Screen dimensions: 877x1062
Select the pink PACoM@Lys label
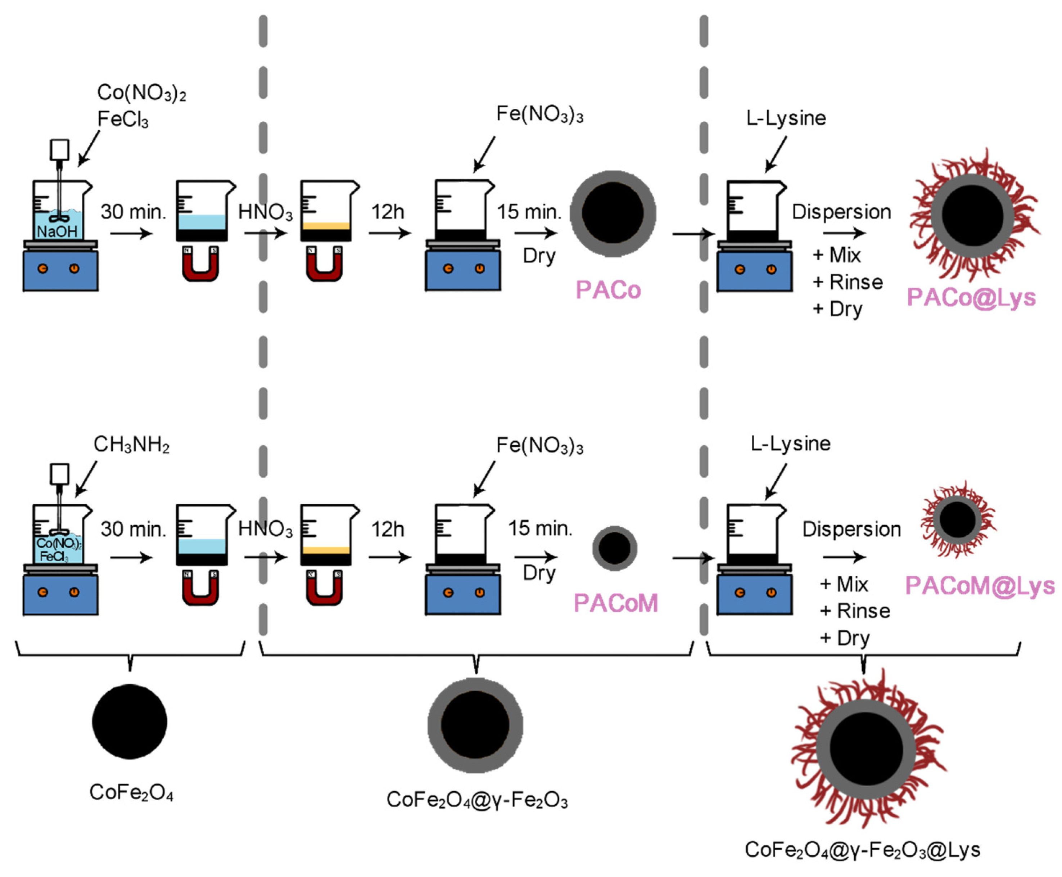pyautogui.click(x=979, y=586)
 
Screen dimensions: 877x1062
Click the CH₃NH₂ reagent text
pyautogui.click(x=131, y=445)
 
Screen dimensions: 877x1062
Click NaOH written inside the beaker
pyautogui.click(x=57, y=232)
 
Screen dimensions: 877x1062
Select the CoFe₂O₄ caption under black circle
pyautogui.click(x=131, y=792)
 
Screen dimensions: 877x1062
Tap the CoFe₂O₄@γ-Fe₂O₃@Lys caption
pyautogui.click(x=862, y=850)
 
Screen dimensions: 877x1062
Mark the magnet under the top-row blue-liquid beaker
pyautogui.click(x=200, y=263)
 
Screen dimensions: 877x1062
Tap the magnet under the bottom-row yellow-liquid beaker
pyautogui.click(x=324, y=588)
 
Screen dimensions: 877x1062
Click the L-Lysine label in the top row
pyautogui.click(x=786, y=118)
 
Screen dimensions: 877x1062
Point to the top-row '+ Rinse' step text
pyautogui.click(x=848, y=282)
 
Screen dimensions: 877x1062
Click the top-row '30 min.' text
pyautogui.click(x=133, y=212)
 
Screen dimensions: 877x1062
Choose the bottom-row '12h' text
pyautogui.click(x=388, y=529)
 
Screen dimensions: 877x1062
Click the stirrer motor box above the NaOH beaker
pyautogui.click(x=60, y=149)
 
